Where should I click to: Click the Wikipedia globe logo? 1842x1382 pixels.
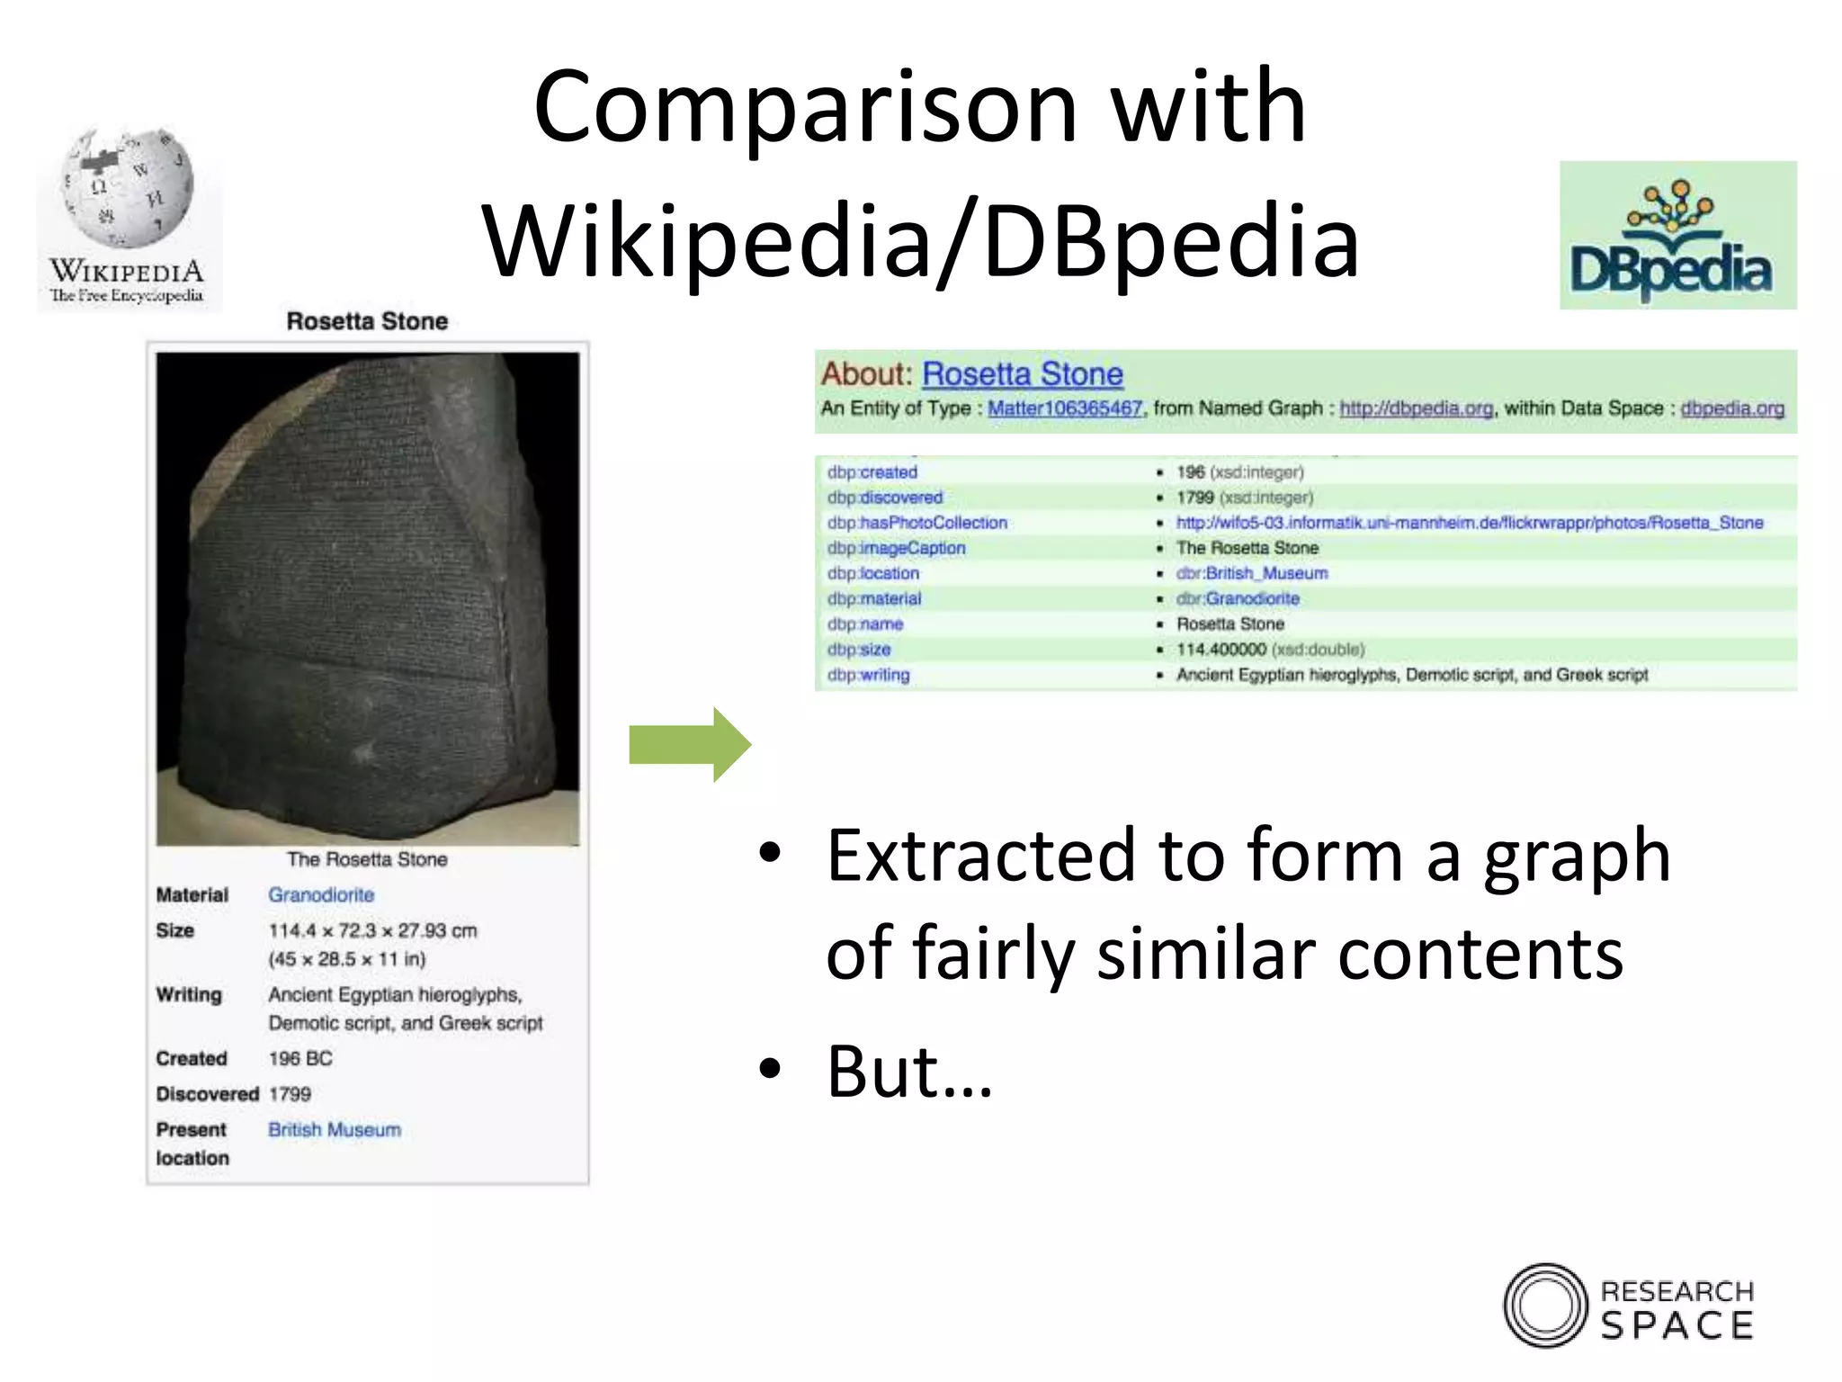coord(129,189)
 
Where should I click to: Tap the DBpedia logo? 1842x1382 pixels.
coord(1677,236)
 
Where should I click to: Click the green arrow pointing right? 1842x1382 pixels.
coord(690,744)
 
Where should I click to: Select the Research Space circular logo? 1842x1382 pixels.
coord(1545,1306)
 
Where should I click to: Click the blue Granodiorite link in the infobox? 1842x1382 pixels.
coord(321,895)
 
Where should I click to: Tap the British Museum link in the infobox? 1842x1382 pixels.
coord(335,1130)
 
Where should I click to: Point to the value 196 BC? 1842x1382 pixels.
coord(300,1059)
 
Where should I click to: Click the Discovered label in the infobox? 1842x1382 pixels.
coord(207,1094)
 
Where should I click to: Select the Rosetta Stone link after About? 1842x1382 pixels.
coord(1023,374)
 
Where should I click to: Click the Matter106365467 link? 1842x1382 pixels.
coord(1065,408)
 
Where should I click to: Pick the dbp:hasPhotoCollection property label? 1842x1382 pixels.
coord(917,523)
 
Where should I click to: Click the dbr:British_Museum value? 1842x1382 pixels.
coord(1252,573)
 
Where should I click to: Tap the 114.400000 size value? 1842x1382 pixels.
coord(1221,650)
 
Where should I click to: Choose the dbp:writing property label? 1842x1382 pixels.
coord(869,675)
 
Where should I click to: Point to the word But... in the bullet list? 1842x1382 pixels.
coord(909,1072)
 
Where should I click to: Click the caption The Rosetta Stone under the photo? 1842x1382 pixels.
coord(367,860)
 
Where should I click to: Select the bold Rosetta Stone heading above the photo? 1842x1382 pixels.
coord(367,322)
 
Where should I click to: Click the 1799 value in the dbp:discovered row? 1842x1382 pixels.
coord(1195,498)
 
